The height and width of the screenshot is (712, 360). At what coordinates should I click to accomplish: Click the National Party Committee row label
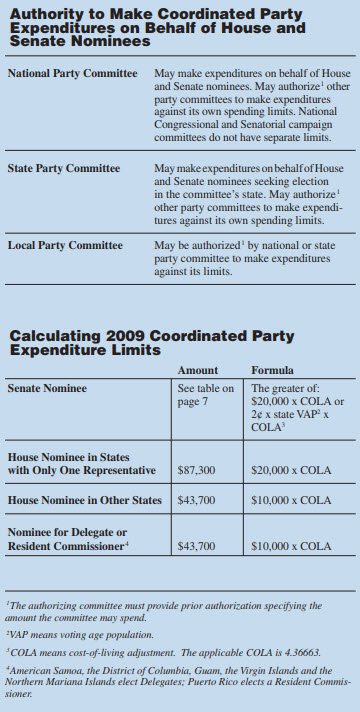coord(72,75)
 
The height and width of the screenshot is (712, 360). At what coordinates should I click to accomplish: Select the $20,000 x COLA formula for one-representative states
coord(291,469)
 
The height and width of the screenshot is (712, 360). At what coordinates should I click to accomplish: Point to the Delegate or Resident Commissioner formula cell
coord(291,547)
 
